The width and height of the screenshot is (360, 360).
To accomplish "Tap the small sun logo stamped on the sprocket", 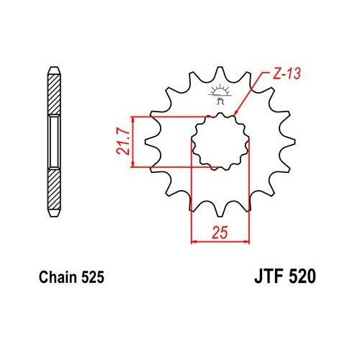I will pos(219,92).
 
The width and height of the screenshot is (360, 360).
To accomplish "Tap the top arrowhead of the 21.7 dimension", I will pos(133,117).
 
